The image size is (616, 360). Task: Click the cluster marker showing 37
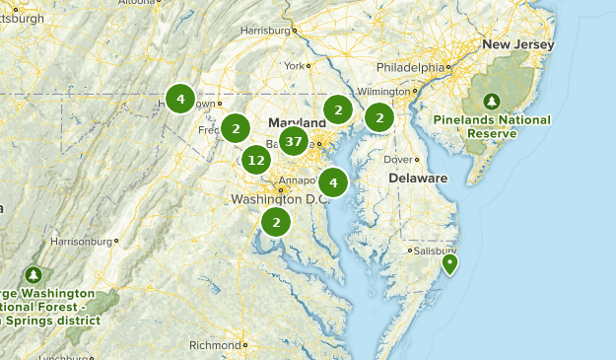click(293, 142)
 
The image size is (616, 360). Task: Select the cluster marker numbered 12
click(256, 159)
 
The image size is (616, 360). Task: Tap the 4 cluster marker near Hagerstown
click(180, 99)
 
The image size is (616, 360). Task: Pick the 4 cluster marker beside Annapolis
click(333, 182)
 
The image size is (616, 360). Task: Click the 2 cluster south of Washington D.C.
click(276, 223)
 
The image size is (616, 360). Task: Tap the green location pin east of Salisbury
click(450, 263)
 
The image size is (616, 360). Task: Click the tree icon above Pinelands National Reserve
click(491, 101)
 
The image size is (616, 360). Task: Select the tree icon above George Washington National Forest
click(34, 274)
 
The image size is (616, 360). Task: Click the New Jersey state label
click(517, 44)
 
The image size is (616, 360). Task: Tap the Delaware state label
click(417, 179)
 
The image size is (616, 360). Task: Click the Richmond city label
click(214, 345)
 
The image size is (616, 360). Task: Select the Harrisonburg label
click(81, 240)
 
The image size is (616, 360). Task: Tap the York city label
click(296, 66)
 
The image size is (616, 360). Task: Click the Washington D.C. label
click(278, 199)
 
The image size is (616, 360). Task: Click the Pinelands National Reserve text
click(491, 127)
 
